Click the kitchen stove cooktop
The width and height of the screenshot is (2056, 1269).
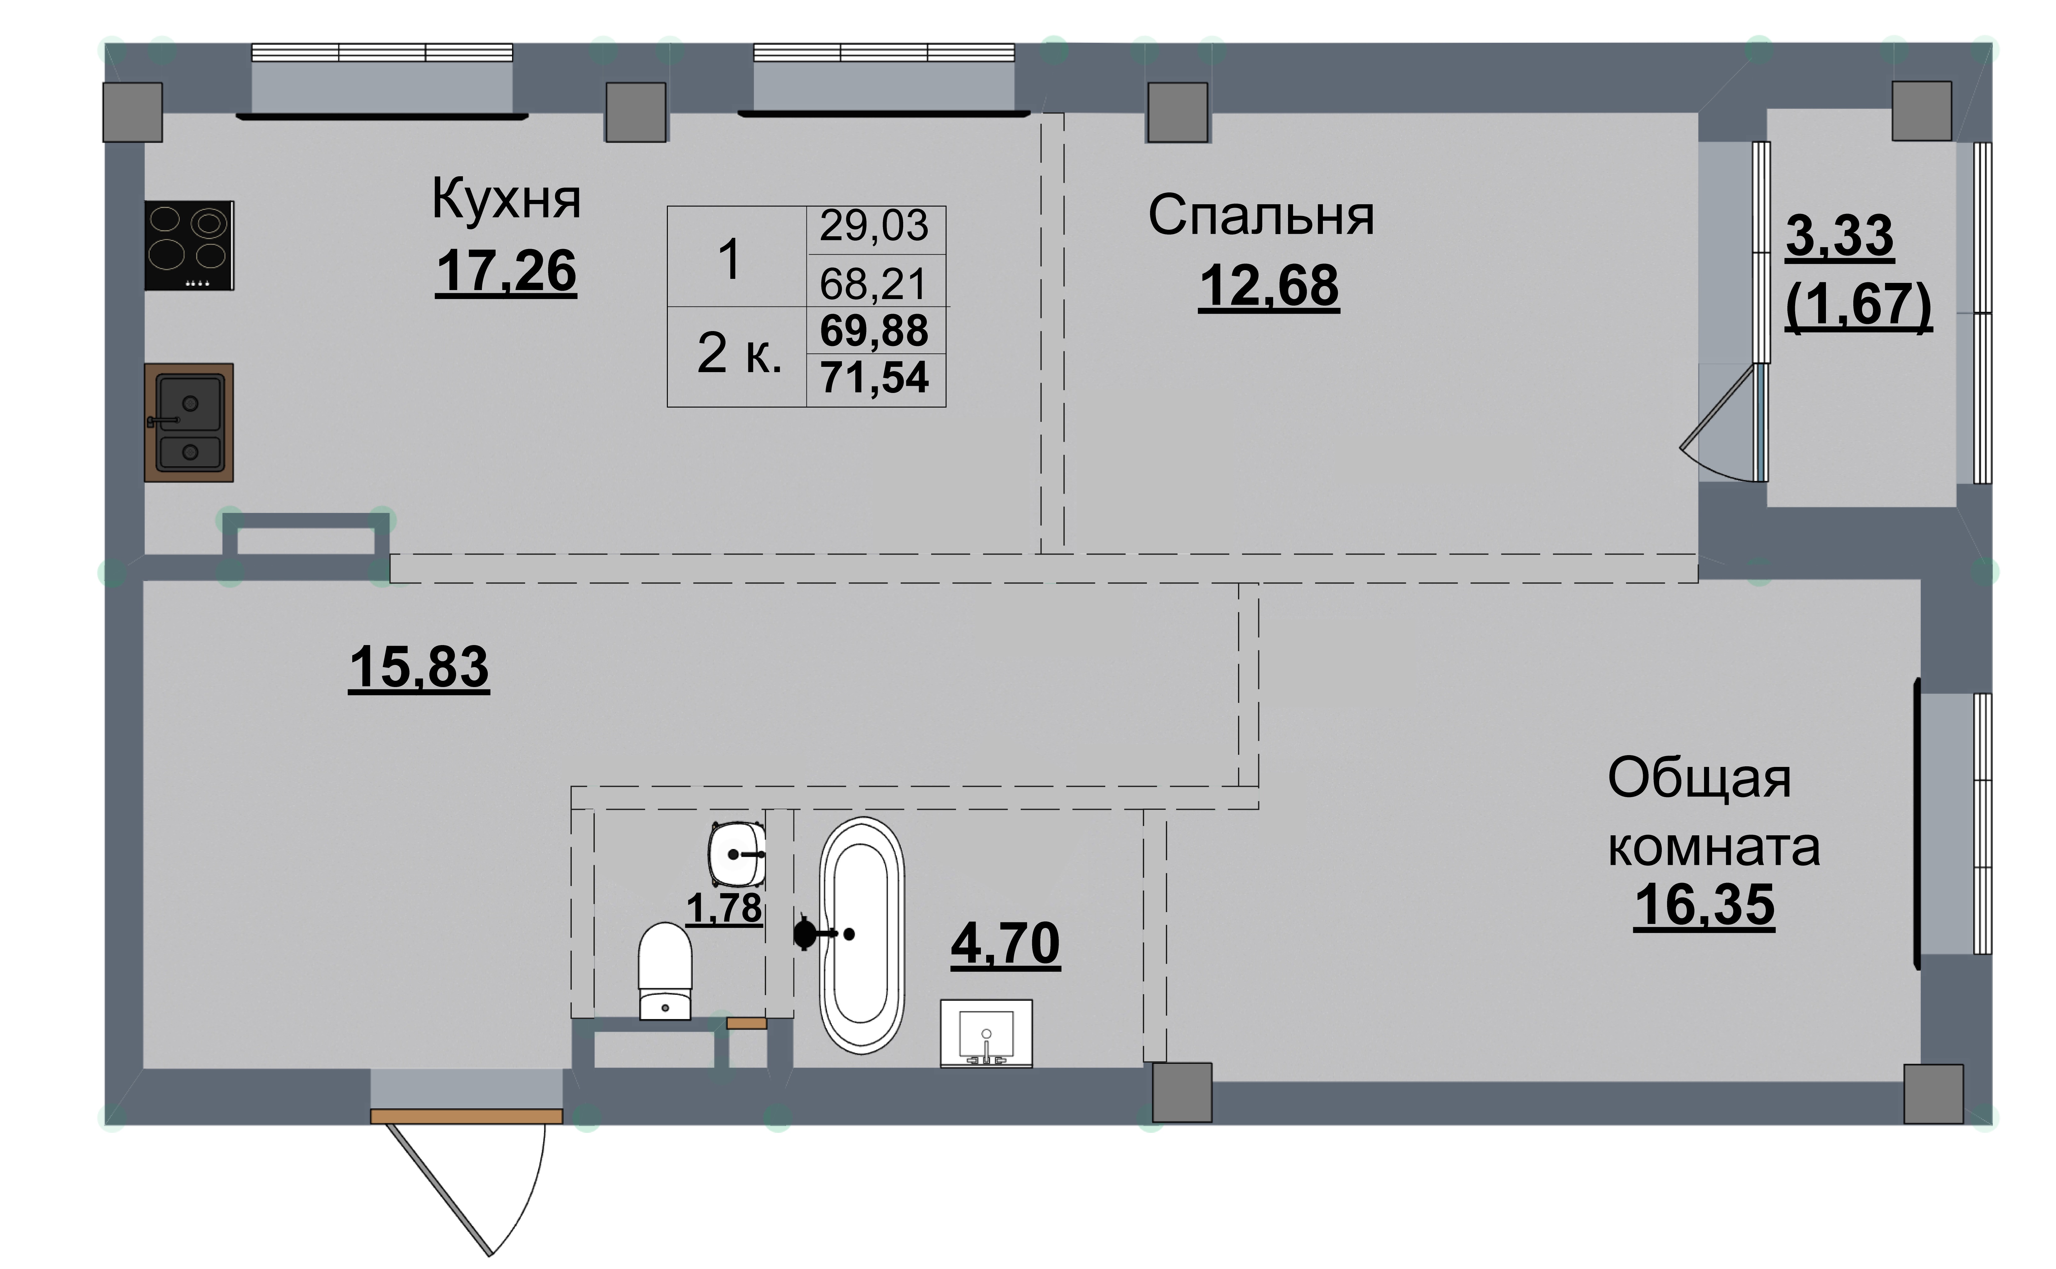point(189,245)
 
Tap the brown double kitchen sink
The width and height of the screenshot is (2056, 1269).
point(189,422)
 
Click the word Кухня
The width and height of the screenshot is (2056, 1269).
point(506,200)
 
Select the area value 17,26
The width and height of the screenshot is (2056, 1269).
point(506,271)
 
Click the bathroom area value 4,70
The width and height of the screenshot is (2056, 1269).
point(1005,944)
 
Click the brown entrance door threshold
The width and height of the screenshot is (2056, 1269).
point(467,1116)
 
